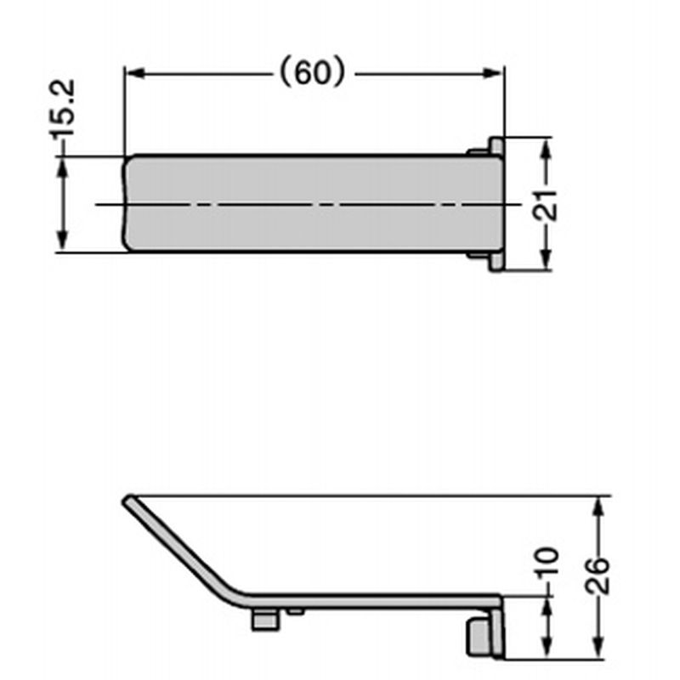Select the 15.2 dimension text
pyautogui.click(x=62, y=109)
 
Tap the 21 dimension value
pyautogui.click(x=545, y=205)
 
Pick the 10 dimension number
pyautogui.click(x=547, y=563)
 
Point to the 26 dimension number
pyautogui.click(x=598, y=576)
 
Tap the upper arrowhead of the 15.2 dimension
pyautogui.click(x=62, y=167)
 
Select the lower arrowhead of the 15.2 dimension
pyautogui.click(x=62, y=241)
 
